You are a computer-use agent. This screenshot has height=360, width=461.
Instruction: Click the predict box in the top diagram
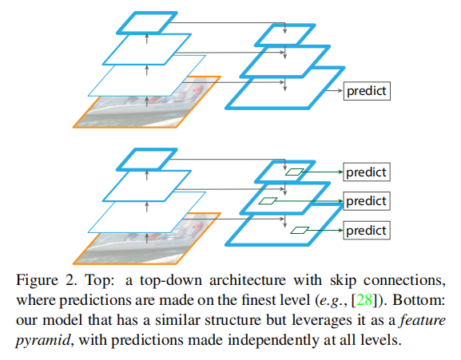coord(367,91)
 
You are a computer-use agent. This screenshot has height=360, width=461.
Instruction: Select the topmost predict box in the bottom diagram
coord(367,172)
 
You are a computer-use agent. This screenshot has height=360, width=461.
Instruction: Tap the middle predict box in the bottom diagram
coord(367,201)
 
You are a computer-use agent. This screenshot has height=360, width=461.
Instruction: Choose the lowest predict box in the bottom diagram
coord(367,230)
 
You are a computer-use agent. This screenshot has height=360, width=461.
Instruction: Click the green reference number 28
coord(364,300)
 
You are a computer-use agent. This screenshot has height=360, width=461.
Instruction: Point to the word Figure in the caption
coord(37,280)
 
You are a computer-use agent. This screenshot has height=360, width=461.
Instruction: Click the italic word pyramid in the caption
coord(43,340)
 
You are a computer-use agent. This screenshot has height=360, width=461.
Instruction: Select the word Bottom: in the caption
coord(419,300)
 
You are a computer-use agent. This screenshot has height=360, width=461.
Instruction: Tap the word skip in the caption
coord(343,280)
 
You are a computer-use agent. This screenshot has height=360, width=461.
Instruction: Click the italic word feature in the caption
coord(423,320)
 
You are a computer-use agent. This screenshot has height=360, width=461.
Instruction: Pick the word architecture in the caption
coord(248,280)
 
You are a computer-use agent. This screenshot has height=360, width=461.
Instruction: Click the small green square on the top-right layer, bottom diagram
coord(294,172)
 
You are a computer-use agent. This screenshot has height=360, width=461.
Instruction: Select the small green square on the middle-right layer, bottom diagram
coord(268,201)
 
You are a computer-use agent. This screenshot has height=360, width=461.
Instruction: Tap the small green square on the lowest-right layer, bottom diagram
coord(300,230)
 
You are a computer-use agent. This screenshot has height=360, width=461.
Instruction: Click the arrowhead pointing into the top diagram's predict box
coord(340,91)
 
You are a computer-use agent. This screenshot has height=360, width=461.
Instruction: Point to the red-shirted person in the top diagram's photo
coord(198,90)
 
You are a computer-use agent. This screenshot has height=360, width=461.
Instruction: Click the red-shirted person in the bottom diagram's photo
coord(198,227)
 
